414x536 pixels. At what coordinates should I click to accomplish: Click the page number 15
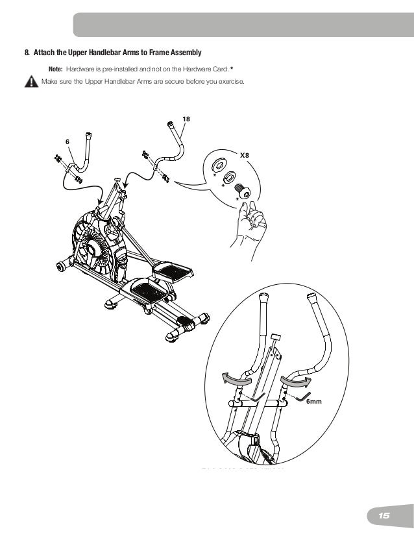point(384,515)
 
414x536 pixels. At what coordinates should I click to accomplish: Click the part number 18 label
point(186,119)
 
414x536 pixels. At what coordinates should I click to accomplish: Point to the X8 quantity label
point(245,156)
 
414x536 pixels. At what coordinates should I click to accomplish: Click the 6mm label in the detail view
point(314,402)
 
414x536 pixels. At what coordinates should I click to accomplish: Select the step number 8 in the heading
point(27,52)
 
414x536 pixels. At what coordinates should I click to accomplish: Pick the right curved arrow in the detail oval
point(295,380)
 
